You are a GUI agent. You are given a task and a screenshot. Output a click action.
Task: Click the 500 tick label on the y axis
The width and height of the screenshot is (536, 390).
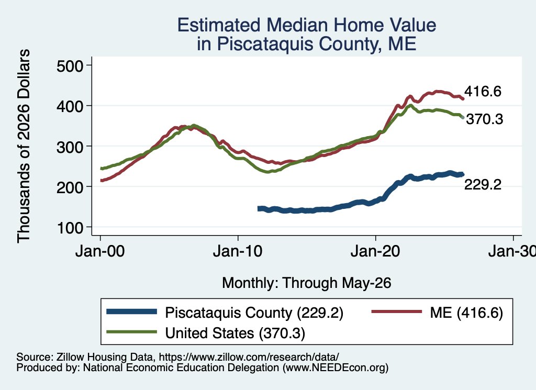point(70,66)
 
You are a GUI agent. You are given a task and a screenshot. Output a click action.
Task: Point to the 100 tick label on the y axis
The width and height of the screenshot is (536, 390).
point(70,228)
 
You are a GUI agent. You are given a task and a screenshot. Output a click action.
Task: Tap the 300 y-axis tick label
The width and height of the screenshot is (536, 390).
point(70,147)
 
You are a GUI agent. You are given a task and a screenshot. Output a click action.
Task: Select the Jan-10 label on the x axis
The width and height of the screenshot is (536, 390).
point(238,252)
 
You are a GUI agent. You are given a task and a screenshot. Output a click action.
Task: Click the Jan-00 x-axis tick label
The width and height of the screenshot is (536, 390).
point(100,252)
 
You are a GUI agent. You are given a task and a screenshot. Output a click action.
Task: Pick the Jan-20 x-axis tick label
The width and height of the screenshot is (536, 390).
point(375,252)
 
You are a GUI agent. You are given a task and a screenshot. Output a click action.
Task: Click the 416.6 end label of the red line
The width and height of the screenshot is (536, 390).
point(483,91)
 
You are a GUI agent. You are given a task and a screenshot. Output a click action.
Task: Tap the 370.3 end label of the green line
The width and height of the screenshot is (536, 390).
point(484,119)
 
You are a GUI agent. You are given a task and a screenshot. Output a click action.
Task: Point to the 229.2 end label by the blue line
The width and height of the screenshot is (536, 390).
point(483,185)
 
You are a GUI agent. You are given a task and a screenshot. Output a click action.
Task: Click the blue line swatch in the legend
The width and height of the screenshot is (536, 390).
point(131,311)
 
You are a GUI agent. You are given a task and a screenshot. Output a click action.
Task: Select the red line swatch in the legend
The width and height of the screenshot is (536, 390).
point(397,311)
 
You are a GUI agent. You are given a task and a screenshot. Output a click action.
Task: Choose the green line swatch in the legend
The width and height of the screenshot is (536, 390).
point(131,332)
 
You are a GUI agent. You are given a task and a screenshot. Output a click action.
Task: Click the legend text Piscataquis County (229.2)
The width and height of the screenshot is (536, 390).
point(254,313)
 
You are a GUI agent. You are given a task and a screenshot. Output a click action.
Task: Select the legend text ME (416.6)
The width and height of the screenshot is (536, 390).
point(466,313)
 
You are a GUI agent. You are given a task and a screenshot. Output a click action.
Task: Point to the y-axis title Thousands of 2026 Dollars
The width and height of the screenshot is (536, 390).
point(24,146)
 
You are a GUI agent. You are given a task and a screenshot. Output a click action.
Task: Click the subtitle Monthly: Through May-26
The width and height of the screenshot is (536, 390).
point(307,283)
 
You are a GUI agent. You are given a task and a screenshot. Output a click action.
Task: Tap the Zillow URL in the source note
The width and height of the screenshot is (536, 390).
point(249,357)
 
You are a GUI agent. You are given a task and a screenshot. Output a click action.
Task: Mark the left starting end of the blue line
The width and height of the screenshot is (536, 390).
point(259,208)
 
